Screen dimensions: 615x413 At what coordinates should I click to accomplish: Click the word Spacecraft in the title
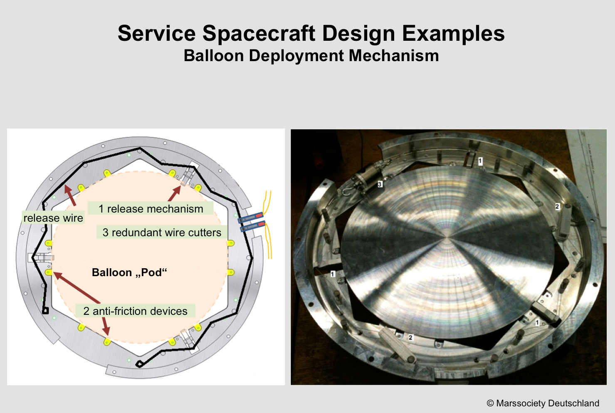(259, 34)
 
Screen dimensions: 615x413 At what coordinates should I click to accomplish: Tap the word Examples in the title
(453, 34)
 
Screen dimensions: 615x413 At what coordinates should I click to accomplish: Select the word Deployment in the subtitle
(296, 56)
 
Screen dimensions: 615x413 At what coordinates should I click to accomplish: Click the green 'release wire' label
(53, 218)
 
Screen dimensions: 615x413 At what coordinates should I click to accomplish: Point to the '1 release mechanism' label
(151, 209)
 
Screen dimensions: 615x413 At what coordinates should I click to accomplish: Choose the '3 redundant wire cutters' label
(162, 232)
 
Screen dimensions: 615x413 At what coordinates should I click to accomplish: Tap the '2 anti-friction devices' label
(136, 311)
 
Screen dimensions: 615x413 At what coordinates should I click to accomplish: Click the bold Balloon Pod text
(129, 272)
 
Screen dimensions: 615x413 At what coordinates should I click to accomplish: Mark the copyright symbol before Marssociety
(490, 403)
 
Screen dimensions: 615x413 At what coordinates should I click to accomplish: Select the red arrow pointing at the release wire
(70, 195)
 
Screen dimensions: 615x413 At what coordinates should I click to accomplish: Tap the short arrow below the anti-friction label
(106, 326)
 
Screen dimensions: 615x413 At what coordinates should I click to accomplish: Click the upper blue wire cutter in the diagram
(251, 218)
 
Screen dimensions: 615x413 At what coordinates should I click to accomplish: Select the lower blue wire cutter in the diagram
(253, 226)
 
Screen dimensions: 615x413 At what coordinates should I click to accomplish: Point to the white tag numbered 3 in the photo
(380, 184)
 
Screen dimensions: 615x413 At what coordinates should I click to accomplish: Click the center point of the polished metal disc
(447, 237)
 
